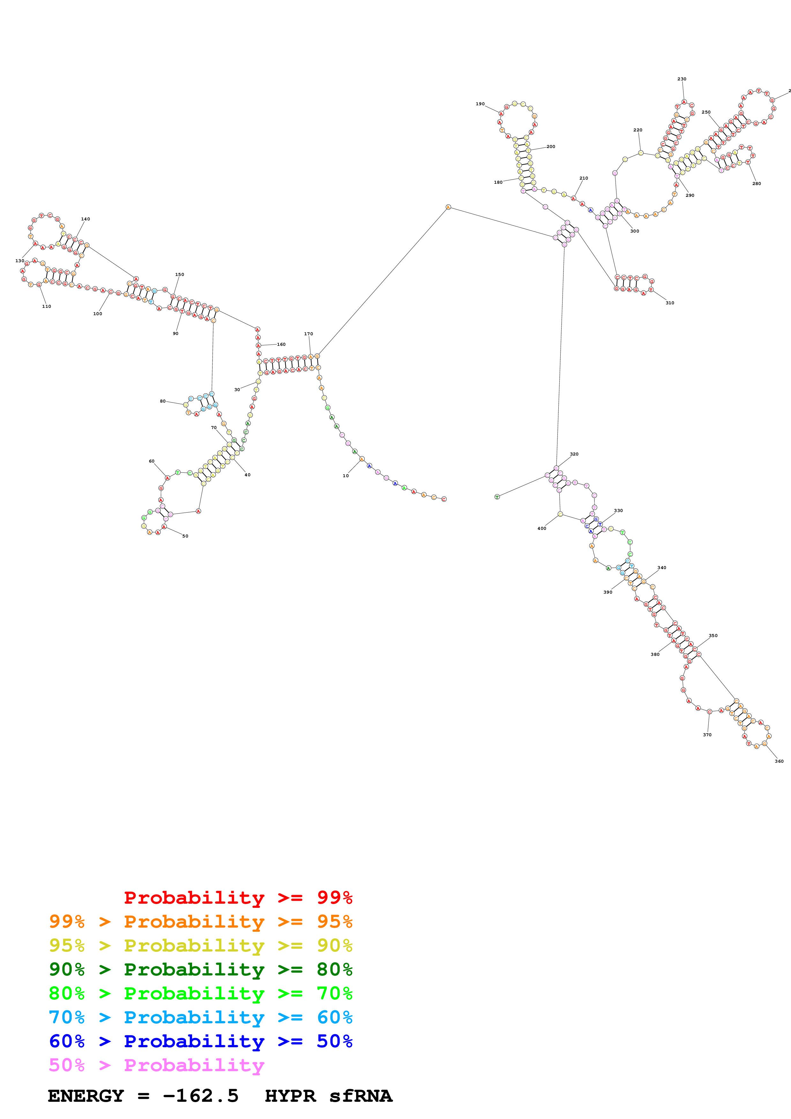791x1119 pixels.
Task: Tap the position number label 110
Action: [x=46, y=307]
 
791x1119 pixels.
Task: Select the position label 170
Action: [x=309, y=334]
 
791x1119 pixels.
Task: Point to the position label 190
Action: [x=480, y=104]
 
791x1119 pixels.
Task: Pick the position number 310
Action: [x=670, y=303]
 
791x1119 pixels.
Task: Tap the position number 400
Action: [x=542, y=528]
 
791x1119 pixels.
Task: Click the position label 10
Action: [x=346, y=476]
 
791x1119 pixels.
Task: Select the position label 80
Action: [x=163, y=401]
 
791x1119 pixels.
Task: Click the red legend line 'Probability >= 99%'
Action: [x=238, y=898]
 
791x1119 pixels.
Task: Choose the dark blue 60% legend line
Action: [x=201, y=1041]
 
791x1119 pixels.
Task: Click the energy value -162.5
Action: [x=200, y=1096]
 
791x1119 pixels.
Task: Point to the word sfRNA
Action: [x=361, y=1096]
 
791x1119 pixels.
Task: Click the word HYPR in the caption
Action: [x=290, y=1096]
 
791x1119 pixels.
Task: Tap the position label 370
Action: [x=707, y=735]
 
